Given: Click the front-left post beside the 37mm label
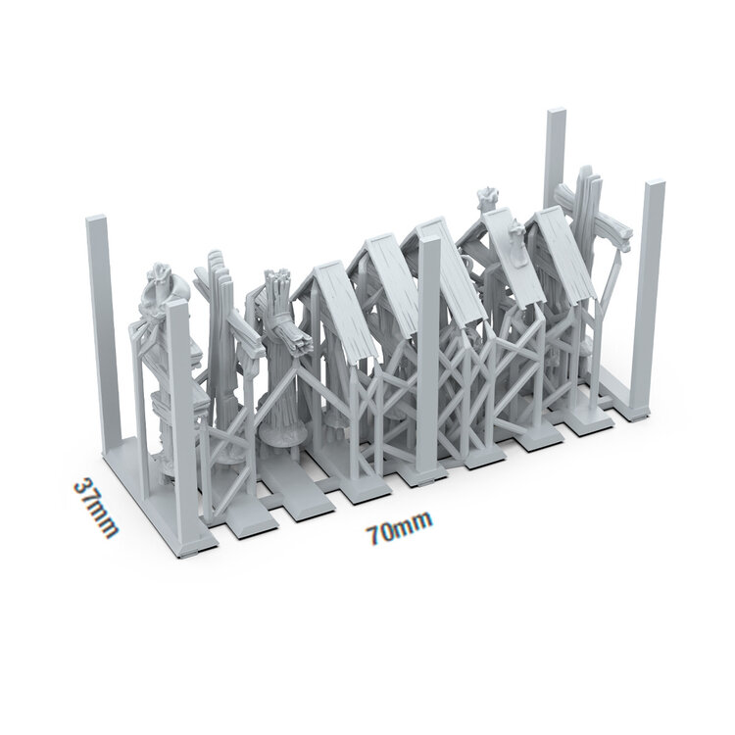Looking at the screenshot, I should [177, 412].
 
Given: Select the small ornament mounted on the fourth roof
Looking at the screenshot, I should [512, 231].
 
